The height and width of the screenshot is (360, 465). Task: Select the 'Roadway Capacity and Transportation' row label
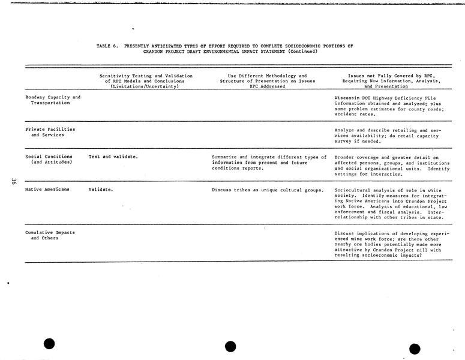pos(53,100)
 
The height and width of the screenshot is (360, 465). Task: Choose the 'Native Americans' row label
pos(47,190)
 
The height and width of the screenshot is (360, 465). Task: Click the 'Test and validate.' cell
pos(113,157)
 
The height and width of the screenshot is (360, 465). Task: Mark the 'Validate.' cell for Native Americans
pos(101,190)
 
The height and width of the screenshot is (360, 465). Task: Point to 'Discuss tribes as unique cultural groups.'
pos(268,190)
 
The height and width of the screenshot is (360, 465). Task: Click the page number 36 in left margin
pos(13,182)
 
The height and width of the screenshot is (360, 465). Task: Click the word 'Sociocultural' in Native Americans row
pos(352,190)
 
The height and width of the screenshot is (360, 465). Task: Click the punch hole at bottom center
pos(230,346)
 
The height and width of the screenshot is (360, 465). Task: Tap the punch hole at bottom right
pos(415,349)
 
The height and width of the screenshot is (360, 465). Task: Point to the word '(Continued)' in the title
pos(302,51)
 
